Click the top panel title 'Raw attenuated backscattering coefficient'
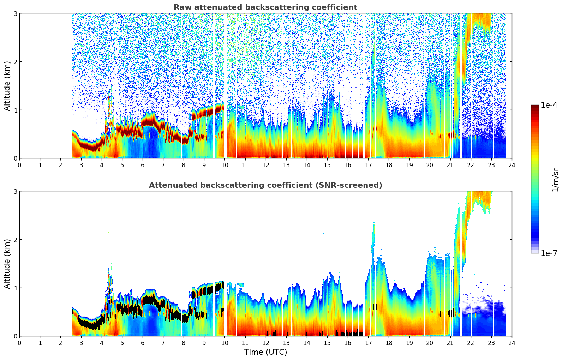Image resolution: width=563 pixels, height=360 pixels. click(265, 7)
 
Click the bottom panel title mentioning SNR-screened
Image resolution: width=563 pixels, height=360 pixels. click(265, 185)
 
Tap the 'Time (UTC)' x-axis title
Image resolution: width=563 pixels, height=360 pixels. click(265, 352)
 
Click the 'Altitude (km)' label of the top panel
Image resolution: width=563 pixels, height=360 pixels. click(7, 86)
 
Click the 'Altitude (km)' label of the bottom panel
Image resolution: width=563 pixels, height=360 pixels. click(7, 264)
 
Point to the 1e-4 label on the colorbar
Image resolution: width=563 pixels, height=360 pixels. click(549, 105)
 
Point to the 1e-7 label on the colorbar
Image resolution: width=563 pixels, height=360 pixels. click(549, 253)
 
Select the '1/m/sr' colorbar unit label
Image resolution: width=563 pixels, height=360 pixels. click(555, 179)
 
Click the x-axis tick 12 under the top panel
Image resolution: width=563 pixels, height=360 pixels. click(265, 165)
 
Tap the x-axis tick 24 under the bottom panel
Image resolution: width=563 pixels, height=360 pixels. click(511, 343)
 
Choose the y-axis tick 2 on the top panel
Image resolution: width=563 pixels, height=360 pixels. click(16, 62)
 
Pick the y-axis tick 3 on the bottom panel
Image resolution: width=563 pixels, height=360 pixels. click(16, 191)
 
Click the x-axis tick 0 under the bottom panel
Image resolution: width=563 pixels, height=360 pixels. click(19, 343)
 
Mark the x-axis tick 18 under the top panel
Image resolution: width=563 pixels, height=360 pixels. click(389, 165)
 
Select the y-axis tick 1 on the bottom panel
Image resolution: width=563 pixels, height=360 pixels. click(16, 288)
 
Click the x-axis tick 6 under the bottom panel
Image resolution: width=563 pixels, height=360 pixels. click(143, 343)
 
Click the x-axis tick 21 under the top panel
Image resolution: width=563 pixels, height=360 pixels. click(450, 165)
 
